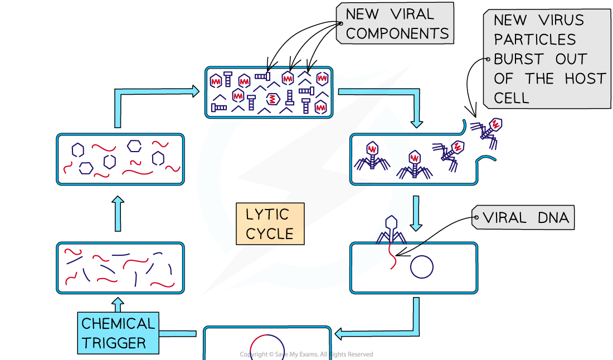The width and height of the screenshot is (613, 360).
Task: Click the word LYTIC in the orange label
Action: click(267, 215)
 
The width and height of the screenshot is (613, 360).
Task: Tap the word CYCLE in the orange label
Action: click(270, 233)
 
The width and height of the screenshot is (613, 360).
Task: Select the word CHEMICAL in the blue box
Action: click(118, 324)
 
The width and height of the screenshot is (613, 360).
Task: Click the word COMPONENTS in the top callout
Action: click(397, 33)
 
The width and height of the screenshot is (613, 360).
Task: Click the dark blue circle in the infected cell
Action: click(422, 266)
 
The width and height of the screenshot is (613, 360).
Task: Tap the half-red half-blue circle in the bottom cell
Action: click(267, 349)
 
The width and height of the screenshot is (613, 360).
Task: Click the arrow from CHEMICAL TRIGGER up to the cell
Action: click(117, 304)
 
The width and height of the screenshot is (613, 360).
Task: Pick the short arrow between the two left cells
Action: click(118, 213)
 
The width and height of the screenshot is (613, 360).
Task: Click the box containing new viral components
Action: click(269, 93)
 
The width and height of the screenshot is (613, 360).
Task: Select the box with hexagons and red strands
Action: click(120, 159)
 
